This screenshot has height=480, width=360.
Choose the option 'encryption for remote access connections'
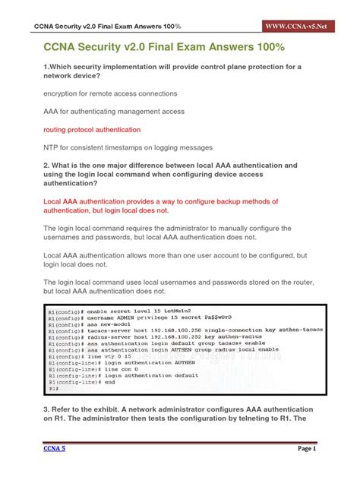110,93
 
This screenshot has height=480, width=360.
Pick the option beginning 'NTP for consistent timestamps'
128,147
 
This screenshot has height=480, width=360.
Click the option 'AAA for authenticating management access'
114,112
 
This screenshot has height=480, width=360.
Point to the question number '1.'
47,67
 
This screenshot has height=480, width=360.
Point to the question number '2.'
47,165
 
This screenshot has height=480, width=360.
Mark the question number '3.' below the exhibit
47,408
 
